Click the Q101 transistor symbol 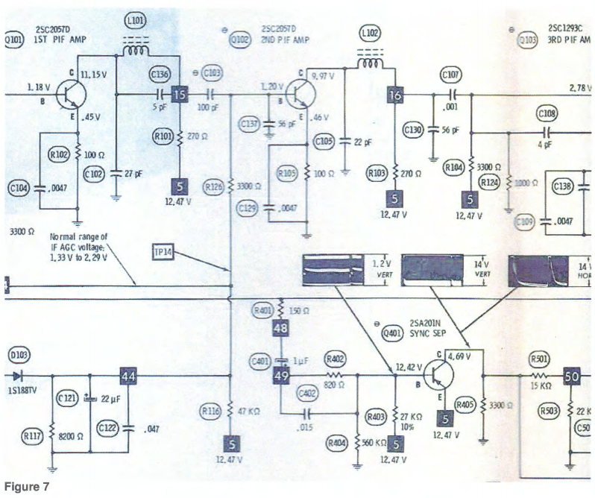pos(70,96)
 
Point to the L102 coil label pos(368,34)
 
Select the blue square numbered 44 pos(128,377)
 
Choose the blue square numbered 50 pos(571,377)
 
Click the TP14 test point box pos(163,252)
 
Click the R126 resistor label pos(214,186)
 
